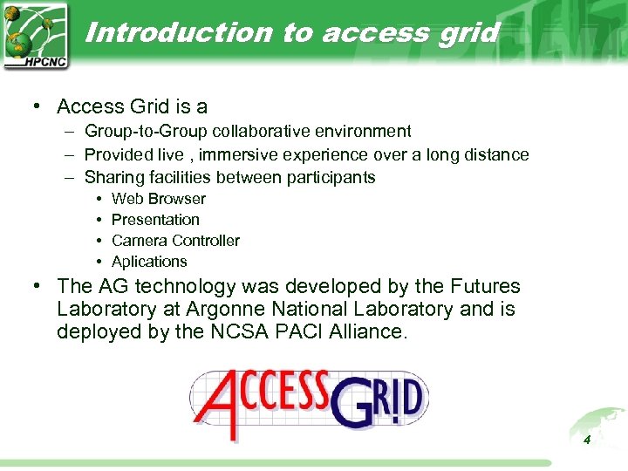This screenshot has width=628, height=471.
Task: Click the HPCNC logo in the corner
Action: coord(35,36)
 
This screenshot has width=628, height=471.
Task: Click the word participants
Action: coord(329,177)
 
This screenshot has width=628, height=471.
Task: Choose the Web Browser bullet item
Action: coord(158,199)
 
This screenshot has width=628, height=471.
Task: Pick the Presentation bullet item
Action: coord(155,220)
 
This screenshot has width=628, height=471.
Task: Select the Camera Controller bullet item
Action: coord(175,241)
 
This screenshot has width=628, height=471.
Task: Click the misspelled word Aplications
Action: coord(149,262)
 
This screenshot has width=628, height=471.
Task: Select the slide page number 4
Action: coord(587,440)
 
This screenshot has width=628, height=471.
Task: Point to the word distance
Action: coord(495,154)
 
